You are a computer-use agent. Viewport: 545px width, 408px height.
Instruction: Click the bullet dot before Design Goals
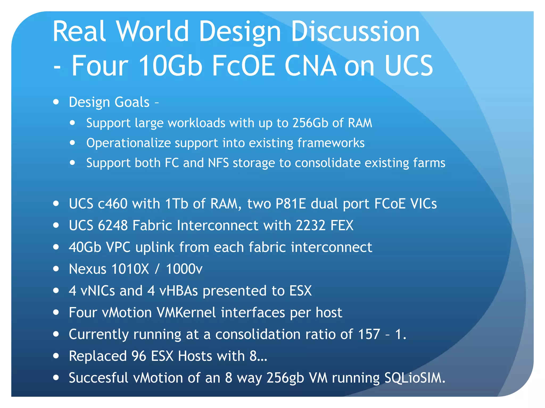pyautogui.click(x=56, y=102)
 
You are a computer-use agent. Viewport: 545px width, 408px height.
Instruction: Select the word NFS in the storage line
pyautogui.click(x=218, y=163)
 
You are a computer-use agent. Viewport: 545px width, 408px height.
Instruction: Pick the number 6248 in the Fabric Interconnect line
pyautogui.click(x=113, y=226)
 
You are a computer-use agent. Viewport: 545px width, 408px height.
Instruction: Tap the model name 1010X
pyautogui.click(x=130, y=269)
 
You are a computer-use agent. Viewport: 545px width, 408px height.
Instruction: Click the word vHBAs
pyautogui.click(x=179, y=291)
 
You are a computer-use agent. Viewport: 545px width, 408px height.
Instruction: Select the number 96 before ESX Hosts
pyautogui.click(x=139, y=356)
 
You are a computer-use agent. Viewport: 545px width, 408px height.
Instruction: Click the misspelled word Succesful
pyautogui.click(x=98, y=378)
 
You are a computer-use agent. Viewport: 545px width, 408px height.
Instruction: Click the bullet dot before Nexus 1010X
pyautogui.click(x=56, y=269)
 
